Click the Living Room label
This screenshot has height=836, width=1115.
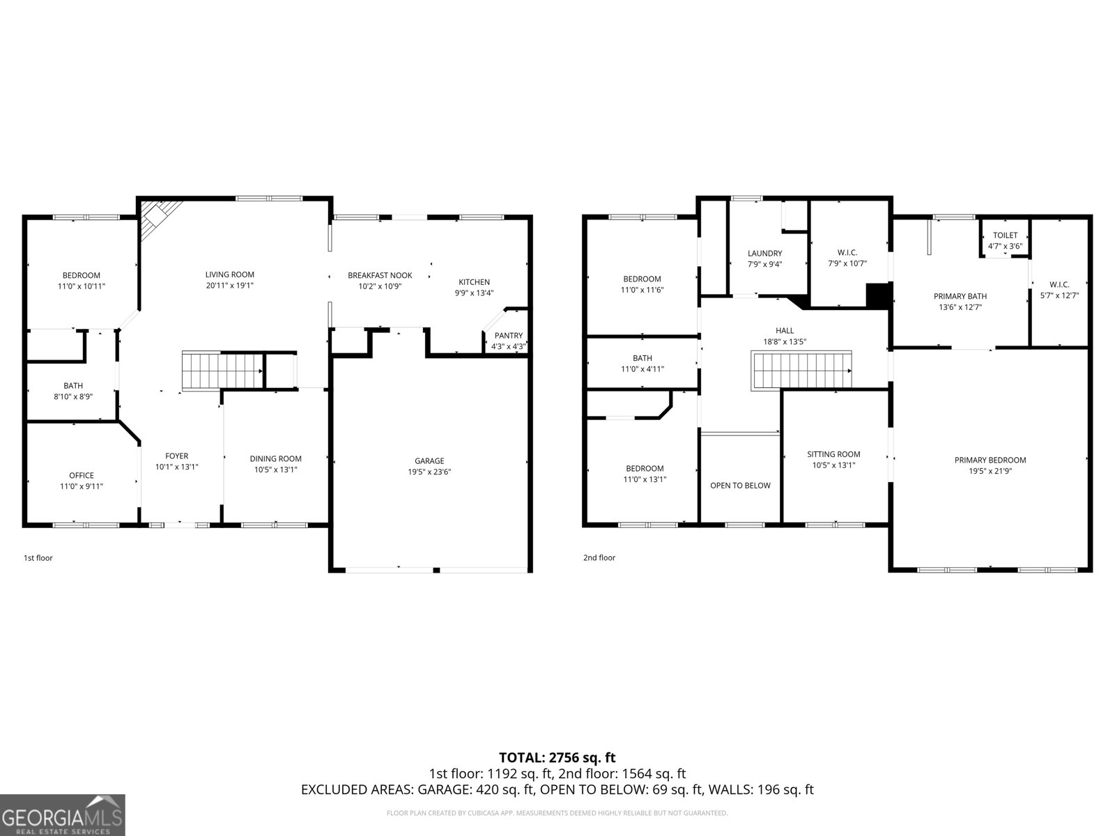point(229,274)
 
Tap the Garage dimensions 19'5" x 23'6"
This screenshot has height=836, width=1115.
point(429,472)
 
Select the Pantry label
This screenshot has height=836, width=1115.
point(509,336)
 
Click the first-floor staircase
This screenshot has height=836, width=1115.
point(223,371)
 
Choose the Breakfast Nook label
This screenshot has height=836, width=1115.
point(380,275)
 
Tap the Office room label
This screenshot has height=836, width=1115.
point(82,475)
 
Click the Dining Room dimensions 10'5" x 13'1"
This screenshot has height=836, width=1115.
point(275,470)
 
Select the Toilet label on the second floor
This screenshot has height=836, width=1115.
point(1006,235)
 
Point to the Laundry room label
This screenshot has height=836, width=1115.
point(764,254)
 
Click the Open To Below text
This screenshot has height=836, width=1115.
point(740,486)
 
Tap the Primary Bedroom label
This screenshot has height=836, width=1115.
point(990,460)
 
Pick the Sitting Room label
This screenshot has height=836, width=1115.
point(833,454)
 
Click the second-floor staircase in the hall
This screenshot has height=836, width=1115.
point(801,371)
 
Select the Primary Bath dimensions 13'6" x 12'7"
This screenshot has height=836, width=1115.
point(960,307)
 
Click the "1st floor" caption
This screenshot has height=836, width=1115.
point(38,558)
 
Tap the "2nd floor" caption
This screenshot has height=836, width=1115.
point(599,557)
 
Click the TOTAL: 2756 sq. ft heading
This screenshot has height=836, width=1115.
point(557,757)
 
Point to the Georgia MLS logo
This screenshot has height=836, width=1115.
point(62,814)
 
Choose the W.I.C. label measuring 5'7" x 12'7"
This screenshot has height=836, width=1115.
point(1059,284)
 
